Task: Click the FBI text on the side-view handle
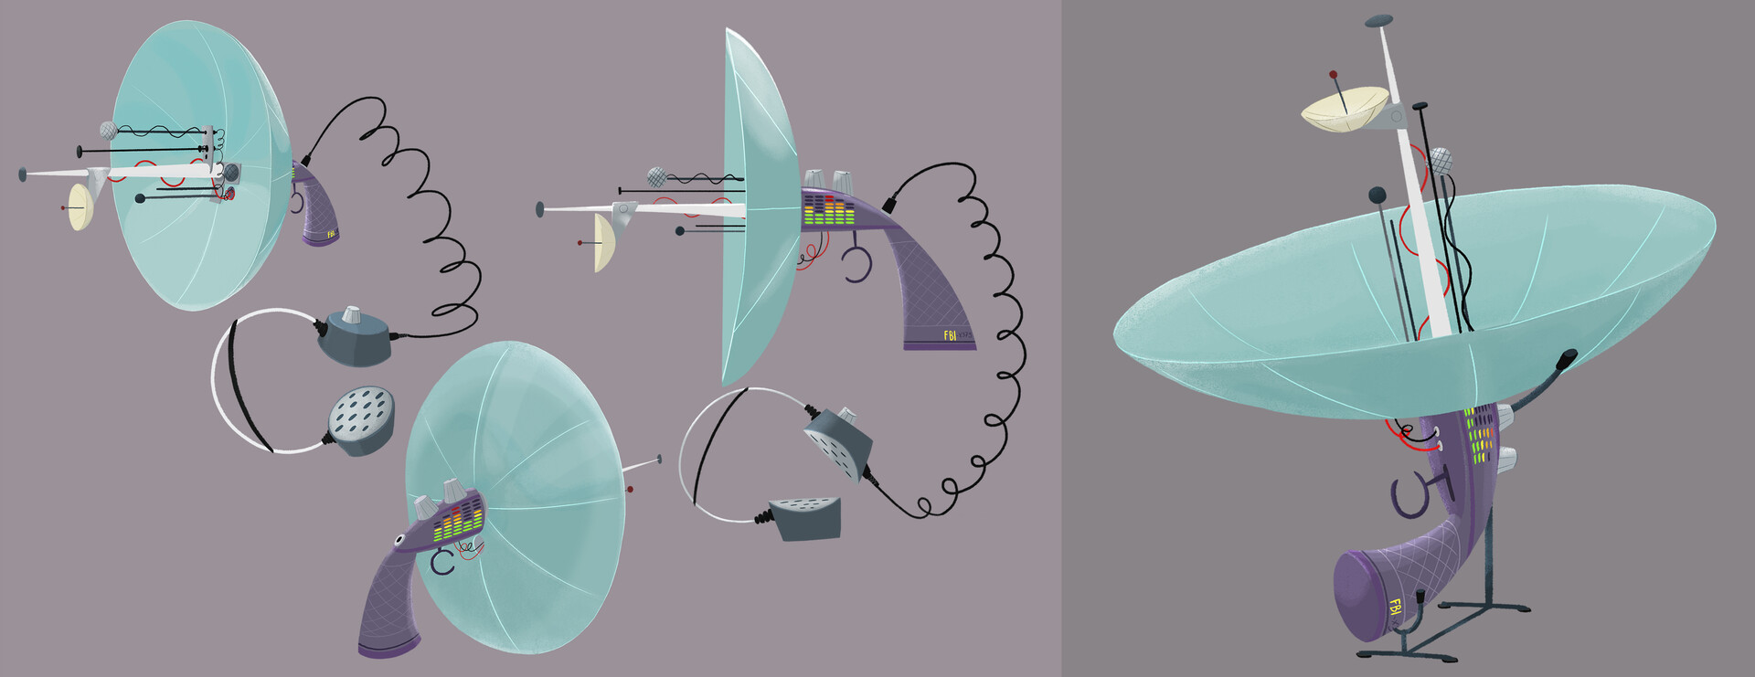point(950,335)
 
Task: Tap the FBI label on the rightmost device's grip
point(1395,607)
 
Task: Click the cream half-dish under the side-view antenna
point(604,243)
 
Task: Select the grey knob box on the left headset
point(355,335)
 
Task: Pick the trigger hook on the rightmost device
point(1411,494)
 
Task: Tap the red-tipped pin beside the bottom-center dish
point(631,490)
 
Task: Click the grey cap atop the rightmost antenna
point(1378,19)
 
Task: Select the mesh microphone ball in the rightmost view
point(1441,161)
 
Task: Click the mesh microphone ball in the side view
point(656,177)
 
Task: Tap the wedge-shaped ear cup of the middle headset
point(805,518)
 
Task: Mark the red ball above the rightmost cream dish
point(1334,74)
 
